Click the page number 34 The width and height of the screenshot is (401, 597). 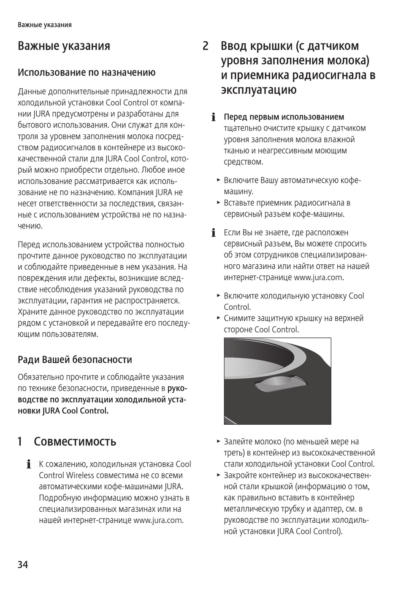pyautogui.click(x=23, y=564)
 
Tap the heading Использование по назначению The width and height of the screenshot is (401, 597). pyautogui.click(x=87, y=73)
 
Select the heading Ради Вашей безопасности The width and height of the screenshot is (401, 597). pyautogui.click(x=75, y=360)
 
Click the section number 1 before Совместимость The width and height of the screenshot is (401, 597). pyautogui.click(x=20, y=442)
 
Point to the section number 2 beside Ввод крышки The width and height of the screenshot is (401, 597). pyautogui.click(x=206, y=46)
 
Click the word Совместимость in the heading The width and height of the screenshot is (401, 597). pyautogui.click(x=75, y=442)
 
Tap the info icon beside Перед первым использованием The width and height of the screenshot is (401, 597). pyautogui.click(x=214, y=117)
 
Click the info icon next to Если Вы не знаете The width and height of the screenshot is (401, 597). pyautogui.click(x=214, y=233)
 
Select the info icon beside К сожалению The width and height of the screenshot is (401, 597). pyautogui.click(x=29, y=465)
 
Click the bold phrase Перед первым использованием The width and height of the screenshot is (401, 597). pyautogui.click(x=284, y=117)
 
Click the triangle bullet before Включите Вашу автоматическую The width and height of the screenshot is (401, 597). pyautogui.click(x=219, y=180)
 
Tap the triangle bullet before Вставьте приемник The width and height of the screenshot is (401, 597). pyautogui.click(x=219, y=202)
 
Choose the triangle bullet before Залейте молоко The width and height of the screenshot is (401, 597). pyautogui.click(x=219, y=441)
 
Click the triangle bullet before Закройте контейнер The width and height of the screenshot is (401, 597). pyautogui.click(x=219, y=475)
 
